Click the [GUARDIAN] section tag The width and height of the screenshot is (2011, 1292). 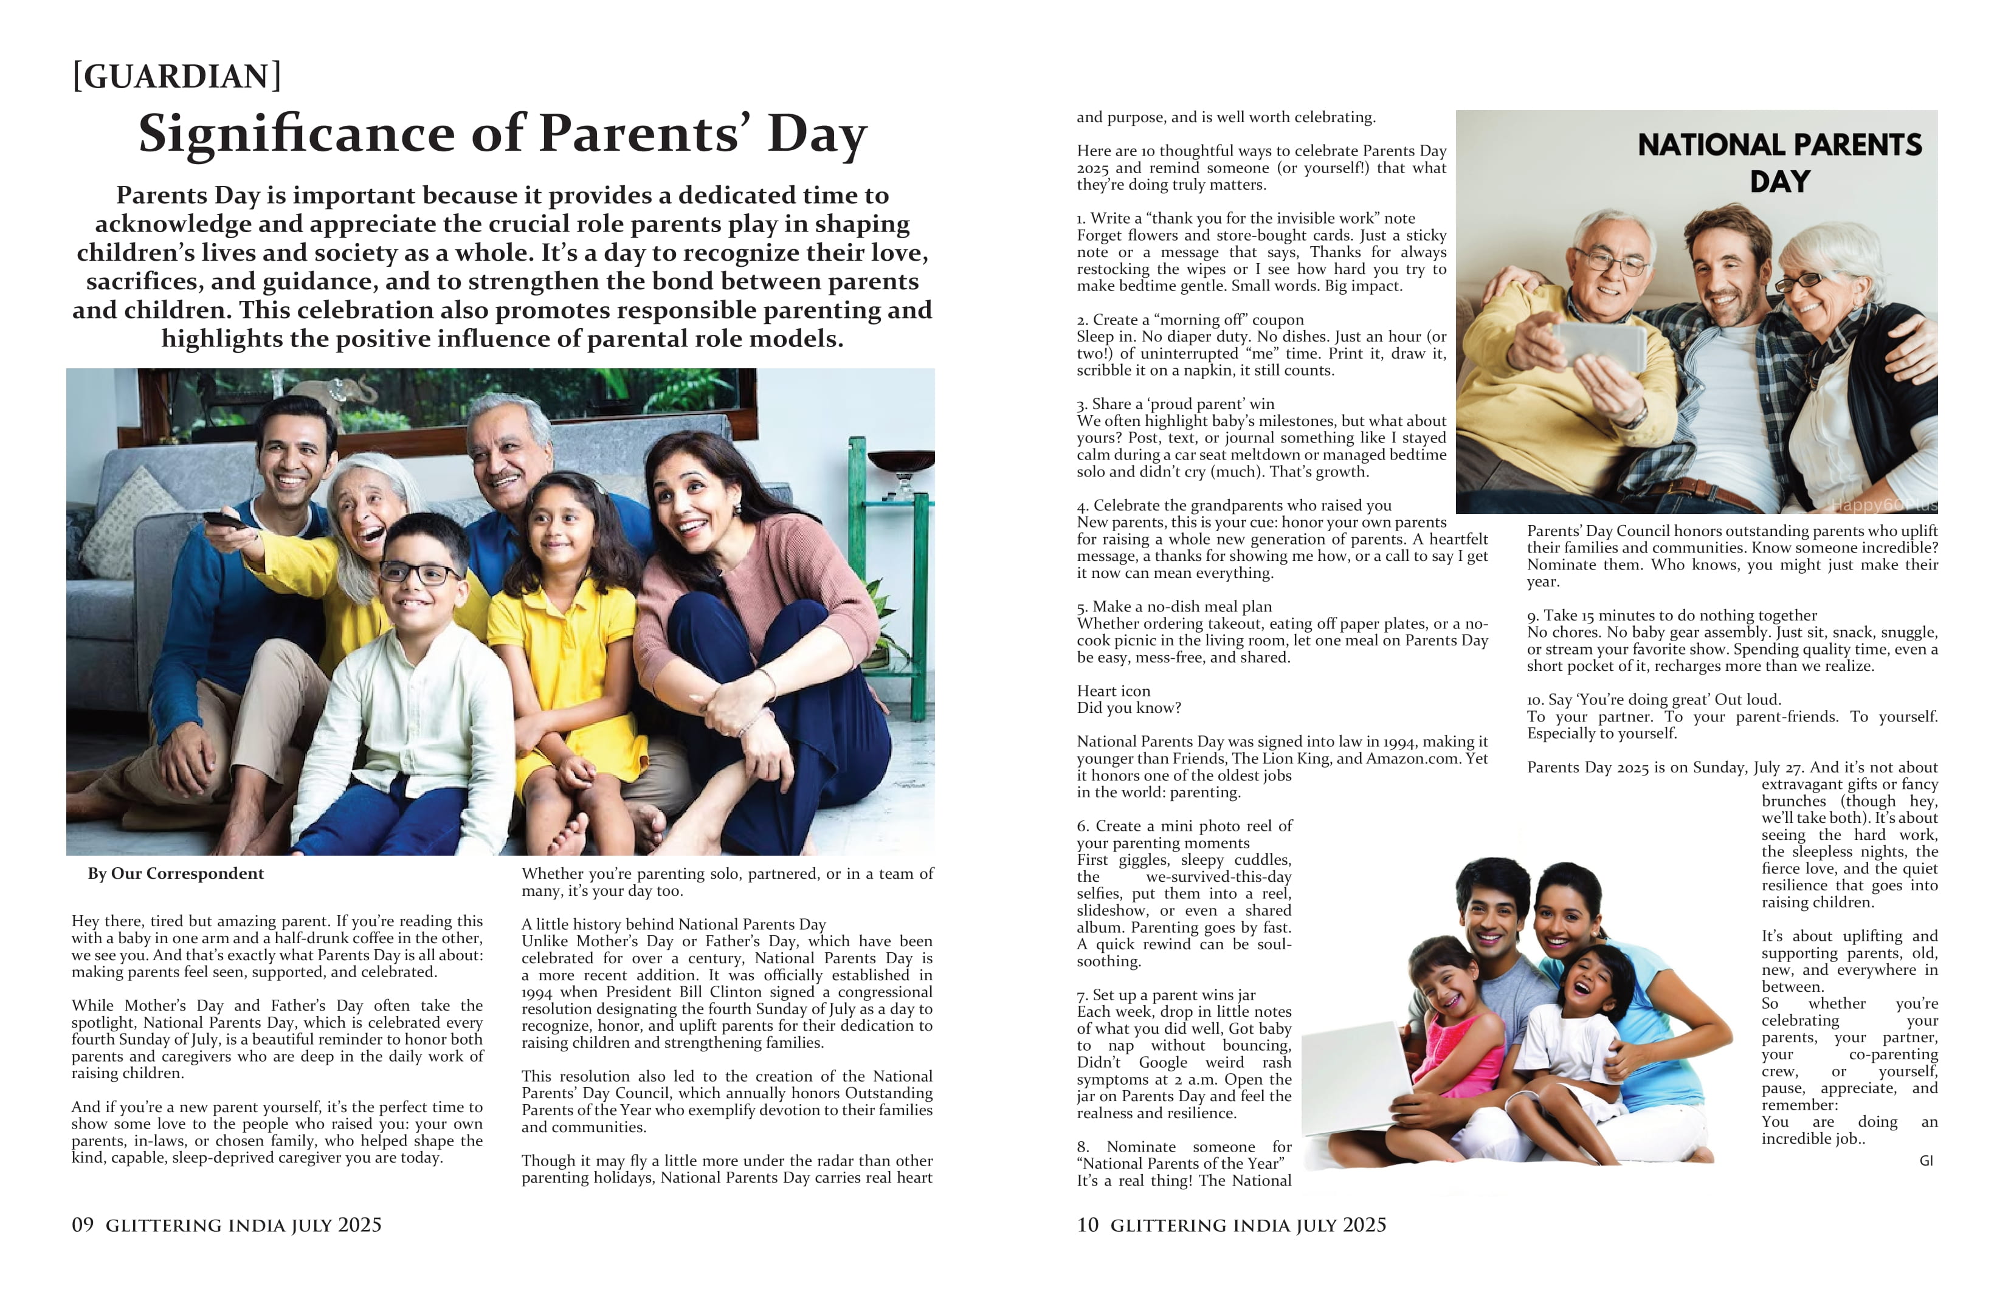177,77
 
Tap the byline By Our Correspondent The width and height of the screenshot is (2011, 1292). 176,873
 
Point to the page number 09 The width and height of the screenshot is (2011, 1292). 82,1225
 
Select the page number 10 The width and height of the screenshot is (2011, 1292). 1088,1225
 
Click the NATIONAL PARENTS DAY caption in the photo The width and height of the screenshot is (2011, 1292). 1779,163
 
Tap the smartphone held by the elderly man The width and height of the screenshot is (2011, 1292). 1599,346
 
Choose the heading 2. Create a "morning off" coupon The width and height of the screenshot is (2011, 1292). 1190,320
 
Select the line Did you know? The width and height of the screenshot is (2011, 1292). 1129,708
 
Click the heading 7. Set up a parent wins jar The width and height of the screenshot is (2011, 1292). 1166,995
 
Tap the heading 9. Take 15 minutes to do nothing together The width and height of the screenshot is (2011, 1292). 1671,615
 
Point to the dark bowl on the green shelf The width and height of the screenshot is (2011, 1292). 900,461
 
